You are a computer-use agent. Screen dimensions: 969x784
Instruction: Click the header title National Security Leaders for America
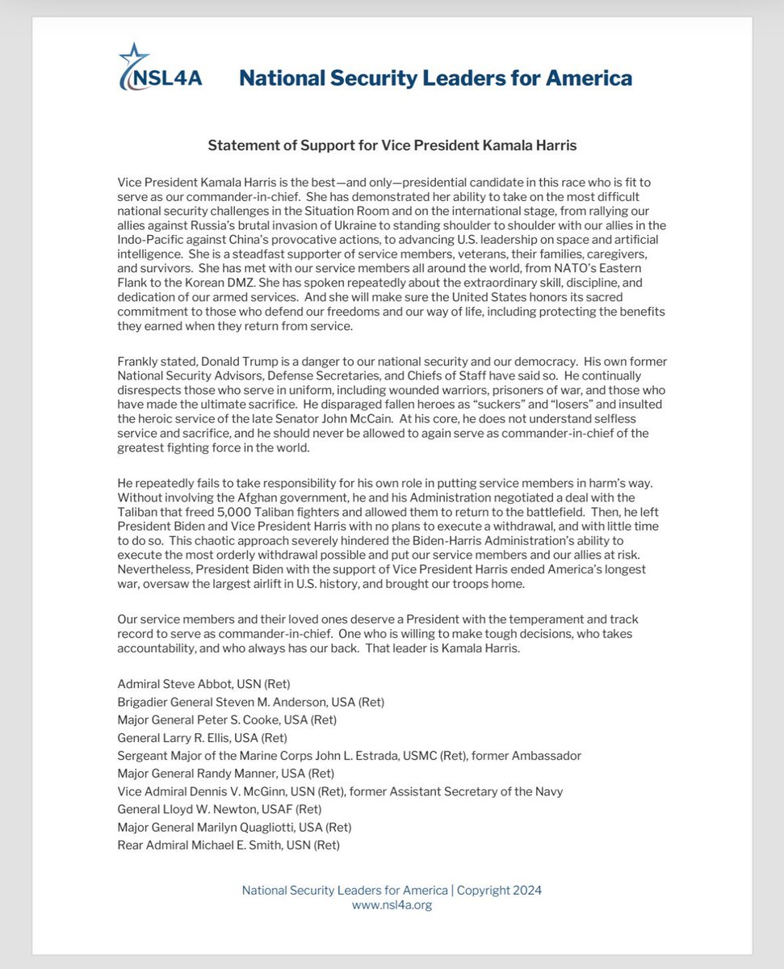click(435, 78)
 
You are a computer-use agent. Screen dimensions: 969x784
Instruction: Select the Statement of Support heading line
click(392, 145)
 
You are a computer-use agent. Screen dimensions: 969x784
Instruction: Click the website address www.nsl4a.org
click(392, 905)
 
